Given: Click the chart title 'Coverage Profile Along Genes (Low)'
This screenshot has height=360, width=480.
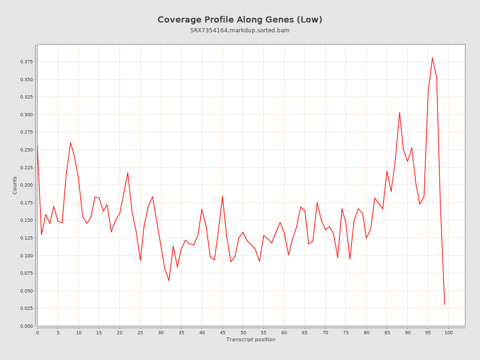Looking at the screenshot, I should tap(240, 20).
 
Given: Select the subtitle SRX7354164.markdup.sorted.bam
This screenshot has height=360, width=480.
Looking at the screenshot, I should tap(240, 30).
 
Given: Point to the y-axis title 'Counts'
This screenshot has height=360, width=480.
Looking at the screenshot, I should tap(15, 185).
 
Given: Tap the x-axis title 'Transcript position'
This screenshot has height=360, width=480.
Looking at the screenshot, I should tap(251, 340).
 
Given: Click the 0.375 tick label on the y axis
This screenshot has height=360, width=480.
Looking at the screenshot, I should tap(27, 62).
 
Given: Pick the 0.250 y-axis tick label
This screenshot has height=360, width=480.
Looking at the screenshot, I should tap(27, 150).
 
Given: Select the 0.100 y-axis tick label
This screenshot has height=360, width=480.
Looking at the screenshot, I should tap(27, 255).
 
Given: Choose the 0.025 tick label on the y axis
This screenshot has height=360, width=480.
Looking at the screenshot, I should tap(27, 308).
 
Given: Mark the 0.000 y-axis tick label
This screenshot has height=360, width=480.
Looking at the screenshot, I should tap(27, 326).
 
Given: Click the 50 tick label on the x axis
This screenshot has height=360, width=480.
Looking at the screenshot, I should tap(243, 333).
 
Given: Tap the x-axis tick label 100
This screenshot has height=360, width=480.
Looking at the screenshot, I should tap(449, 333).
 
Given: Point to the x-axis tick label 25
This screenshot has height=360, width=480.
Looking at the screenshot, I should tap(140, 333).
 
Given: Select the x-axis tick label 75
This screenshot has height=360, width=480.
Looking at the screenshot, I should tap(346, 333).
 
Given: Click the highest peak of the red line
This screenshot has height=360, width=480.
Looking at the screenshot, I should tap(432, 58).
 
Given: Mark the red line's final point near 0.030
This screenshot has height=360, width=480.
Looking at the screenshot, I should tap(444, 305).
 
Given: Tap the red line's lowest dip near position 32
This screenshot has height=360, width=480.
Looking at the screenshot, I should tap(169, 280).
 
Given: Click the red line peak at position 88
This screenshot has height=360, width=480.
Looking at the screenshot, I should tap(399, 112).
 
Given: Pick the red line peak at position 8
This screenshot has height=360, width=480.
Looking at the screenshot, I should tap(70, 142).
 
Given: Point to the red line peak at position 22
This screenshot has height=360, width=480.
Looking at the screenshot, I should tap(127, 172).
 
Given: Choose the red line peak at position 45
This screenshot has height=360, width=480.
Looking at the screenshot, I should tap(222, 196).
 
